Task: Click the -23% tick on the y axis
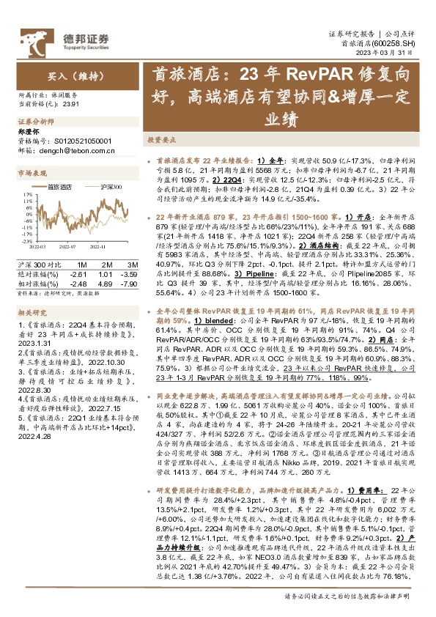(x=27, y=240)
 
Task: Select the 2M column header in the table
(x=107, y=263)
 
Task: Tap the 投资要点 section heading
(x=161, y=138)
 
